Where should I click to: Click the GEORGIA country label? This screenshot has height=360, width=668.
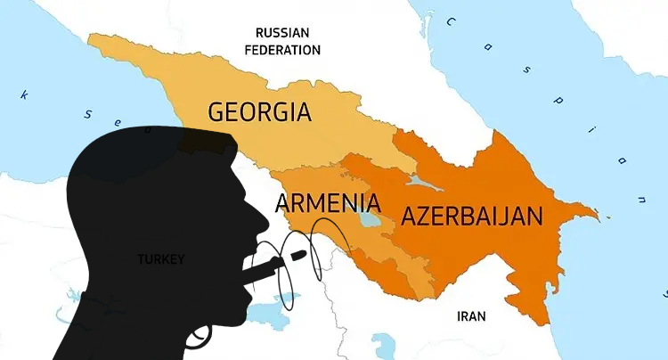click(x=259, y=112)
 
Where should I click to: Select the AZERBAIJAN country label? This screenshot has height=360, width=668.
click(x=471, y=217)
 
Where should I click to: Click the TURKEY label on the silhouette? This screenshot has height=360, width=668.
click(x=160, y=259)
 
